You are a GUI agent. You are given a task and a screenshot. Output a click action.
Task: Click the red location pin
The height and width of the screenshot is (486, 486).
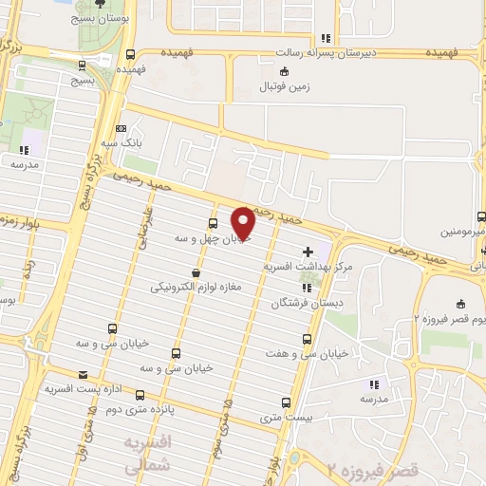[x=244, y=223]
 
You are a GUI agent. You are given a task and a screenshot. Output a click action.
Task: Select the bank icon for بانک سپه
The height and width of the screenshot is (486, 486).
[x=121, y=129]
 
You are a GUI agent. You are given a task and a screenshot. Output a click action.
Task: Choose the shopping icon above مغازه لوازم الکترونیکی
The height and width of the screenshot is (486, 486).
[x=196, y=271]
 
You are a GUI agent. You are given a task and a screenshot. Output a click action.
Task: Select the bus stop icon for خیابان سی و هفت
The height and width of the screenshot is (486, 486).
[x=306, y=338]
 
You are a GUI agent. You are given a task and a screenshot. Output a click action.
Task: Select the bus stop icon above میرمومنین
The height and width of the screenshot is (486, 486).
[x=481, y=215]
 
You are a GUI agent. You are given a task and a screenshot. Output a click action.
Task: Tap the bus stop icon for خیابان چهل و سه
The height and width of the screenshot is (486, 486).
[x=212, y=225]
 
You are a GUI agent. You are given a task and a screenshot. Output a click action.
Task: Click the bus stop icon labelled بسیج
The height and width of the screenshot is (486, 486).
[x=83, y=65]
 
